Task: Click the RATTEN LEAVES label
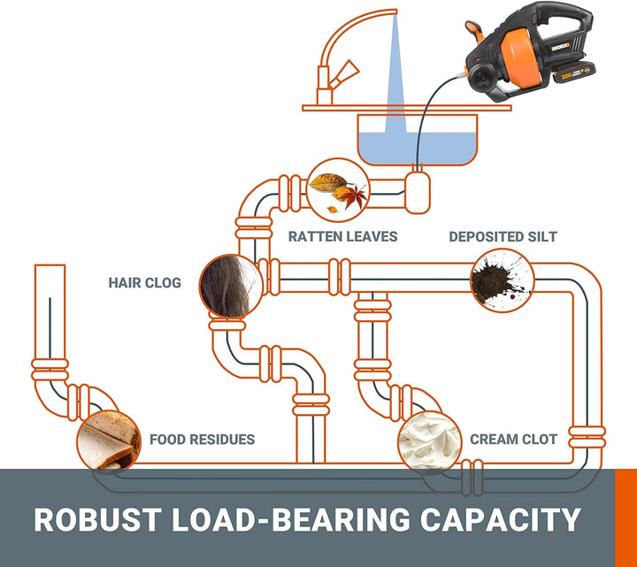click(342, 236)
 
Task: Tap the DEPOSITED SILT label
click(503, 236)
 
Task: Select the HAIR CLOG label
click(145, 283)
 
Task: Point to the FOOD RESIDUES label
click(203, 440)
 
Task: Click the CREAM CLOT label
click(513, 440)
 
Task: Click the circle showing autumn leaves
click(338, 189)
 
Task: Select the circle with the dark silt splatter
click(502, 280)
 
